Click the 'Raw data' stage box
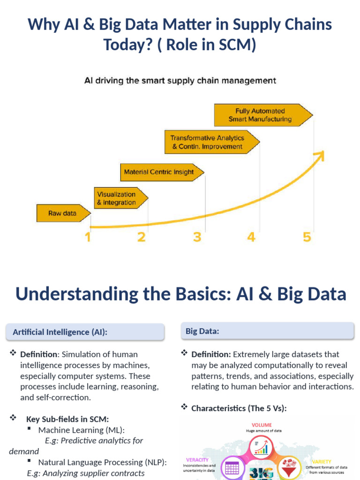click(x=62, y=213)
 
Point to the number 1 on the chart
click(x=88, y=237)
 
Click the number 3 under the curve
click(x=197, y=237)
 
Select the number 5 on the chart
click(x=307, y=237)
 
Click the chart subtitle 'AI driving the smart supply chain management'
click(x=180, y=81)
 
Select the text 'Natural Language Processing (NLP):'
click(x=102, y=462)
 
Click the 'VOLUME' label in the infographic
click(x=262, y=425)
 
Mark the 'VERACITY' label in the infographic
click(x=197, y=460)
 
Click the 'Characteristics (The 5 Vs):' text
click(x=239, y=408)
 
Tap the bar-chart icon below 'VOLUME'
click(x=261, y=447)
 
